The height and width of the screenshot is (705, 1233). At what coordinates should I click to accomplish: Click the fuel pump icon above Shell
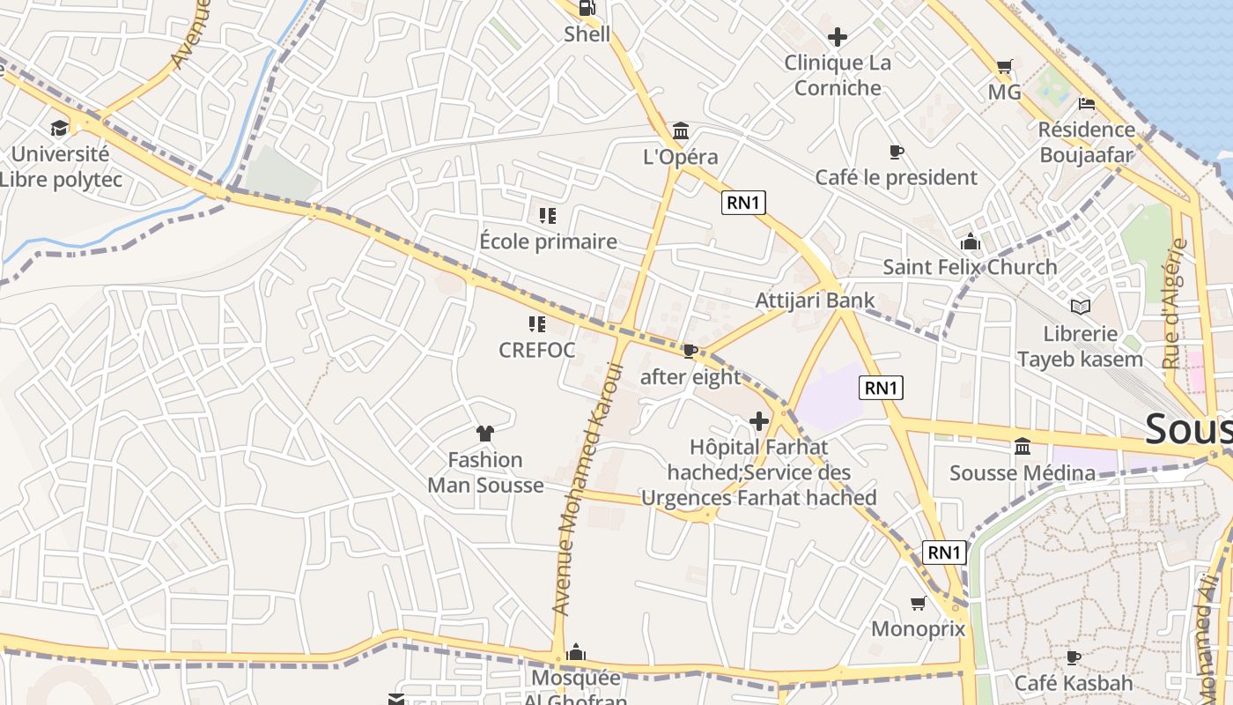click(587, 9)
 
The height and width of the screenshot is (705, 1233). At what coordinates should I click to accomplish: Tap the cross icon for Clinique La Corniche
click(838, 37)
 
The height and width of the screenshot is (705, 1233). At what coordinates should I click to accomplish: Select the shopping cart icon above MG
click(1004, 66)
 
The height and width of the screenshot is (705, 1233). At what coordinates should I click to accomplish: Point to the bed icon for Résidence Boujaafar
click(1086, 104)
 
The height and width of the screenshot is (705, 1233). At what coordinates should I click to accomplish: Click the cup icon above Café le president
click(896, 152)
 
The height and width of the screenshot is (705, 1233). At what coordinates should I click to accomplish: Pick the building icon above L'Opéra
click(681, 131)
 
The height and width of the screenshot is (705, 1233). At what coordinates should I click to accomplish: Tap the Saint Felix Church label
click(970, 267)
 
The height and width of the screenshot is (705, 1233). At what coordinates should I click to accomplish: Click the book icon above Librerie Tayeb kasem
click(1080, 307)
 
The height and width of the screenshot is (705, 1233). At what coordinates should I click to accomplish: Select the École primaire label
click(548, 241)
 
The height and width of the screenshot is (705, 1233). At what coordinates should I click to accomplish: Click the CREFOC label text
click(536, 351)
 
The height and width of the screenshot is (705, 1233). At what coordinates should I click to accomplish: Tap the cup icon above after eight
click(690, 352)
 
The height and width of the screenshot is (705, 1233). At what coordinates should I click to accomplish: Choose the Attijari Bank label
click(815, 301)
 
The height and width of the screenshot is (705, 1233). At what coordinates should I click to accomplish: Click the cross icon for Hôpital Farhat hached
click(758, 421)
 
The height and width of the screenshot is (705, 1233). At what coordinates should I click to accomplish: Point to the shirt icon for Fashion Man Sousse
click(484, 433)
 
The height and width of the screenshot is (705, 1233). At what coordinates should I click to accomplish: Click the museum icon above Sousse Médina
click(1023, 447)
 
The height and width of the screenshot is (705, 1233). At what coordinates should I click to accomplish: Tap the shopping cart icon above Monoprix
click(918, 604)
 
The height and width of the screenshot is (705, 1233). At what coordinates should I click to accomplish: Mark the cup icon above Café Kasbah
click(1073, 657)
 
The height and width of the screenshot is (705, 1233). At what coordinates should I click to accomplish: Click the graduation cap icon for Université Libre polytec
click(59, 129)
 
